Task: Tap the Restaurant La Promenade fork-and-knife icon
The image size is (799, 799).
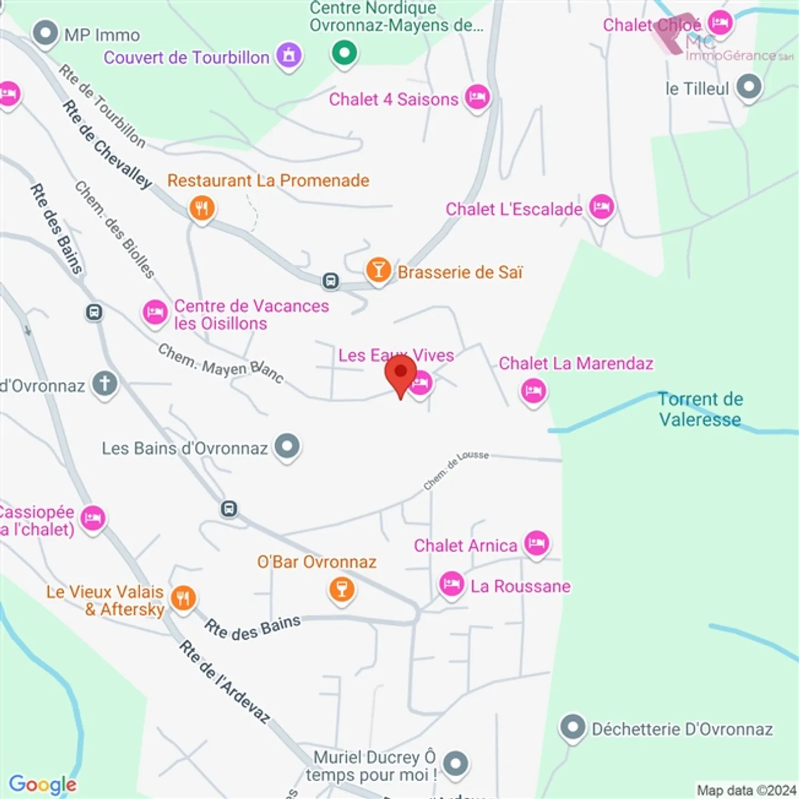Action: click(x=202, y=209)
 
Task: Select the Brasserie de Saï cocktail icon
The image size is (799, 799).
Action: click(x=378, y=270)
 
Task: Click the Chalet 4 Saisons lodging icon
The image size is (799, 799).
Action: click(x=477, y=98)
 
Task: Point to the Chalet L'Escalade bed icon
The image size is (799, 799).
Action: click(x=601, y=208)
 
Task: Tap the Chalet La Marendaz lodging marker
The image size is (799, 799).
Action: click(x=534, y=391)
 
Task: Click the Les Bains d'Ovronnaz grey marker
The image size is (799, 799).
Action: click(x=287, y=446)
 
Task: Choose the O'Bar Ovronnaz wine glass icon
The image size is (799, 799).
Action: click(x=342, y=589)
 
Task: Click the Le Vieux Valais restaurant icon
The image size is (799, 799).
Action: click(x=183, y=599)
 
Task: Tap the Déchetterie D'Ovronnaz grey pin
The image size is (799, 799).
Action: click(x=573, y=727)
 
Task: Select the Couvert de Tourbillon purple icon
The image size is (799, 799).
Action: click(x=289, y=55)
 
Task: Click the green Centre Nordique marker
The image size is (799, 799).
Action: click(x=345, y=53)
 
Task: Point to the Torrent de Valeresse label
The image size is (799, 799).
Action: click(x=700, y=409)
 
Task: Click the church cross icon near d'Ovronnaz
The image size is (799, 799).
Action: click(x=105, y=383)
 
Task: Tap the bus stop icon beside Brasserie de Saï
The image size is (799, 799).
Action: click(x=331, y=281)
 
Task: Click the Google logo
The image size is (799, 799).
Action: click(x=43, y=784)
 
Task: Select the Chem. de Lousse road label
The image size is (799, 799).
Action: click(x=456, y=471)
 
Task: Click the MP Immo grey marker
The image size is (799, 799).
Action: click(x=45, y=33)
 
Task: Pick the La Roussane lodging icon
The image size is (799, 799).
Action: click(x=452, y=584)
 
